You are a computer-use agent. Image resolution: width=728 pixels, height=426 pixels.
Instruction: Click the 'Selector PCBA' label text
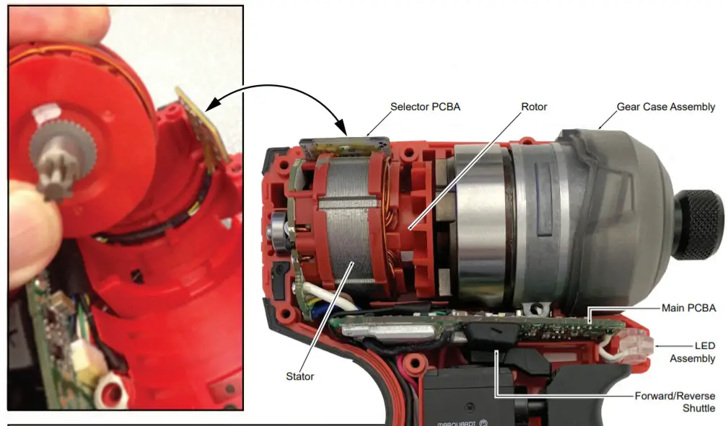tap(425, 107)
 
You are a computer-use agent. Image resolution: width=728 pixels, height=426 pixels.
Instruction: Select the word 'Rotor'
tap(534, 107)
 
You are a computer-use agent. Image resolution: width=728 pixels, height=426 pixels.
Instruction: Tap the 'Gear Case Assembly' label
tap(665, 107)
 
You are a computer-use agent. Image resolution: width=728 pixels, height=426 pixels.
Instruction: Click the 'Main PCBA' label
tap(688, 309)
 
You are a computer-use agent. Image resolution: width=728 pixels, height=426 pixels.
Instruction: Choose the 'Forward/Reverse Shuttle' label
tap(675, 401)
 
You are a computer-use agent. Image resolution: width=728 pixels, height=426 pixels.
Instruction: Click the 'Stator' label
tap(299, 376)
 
